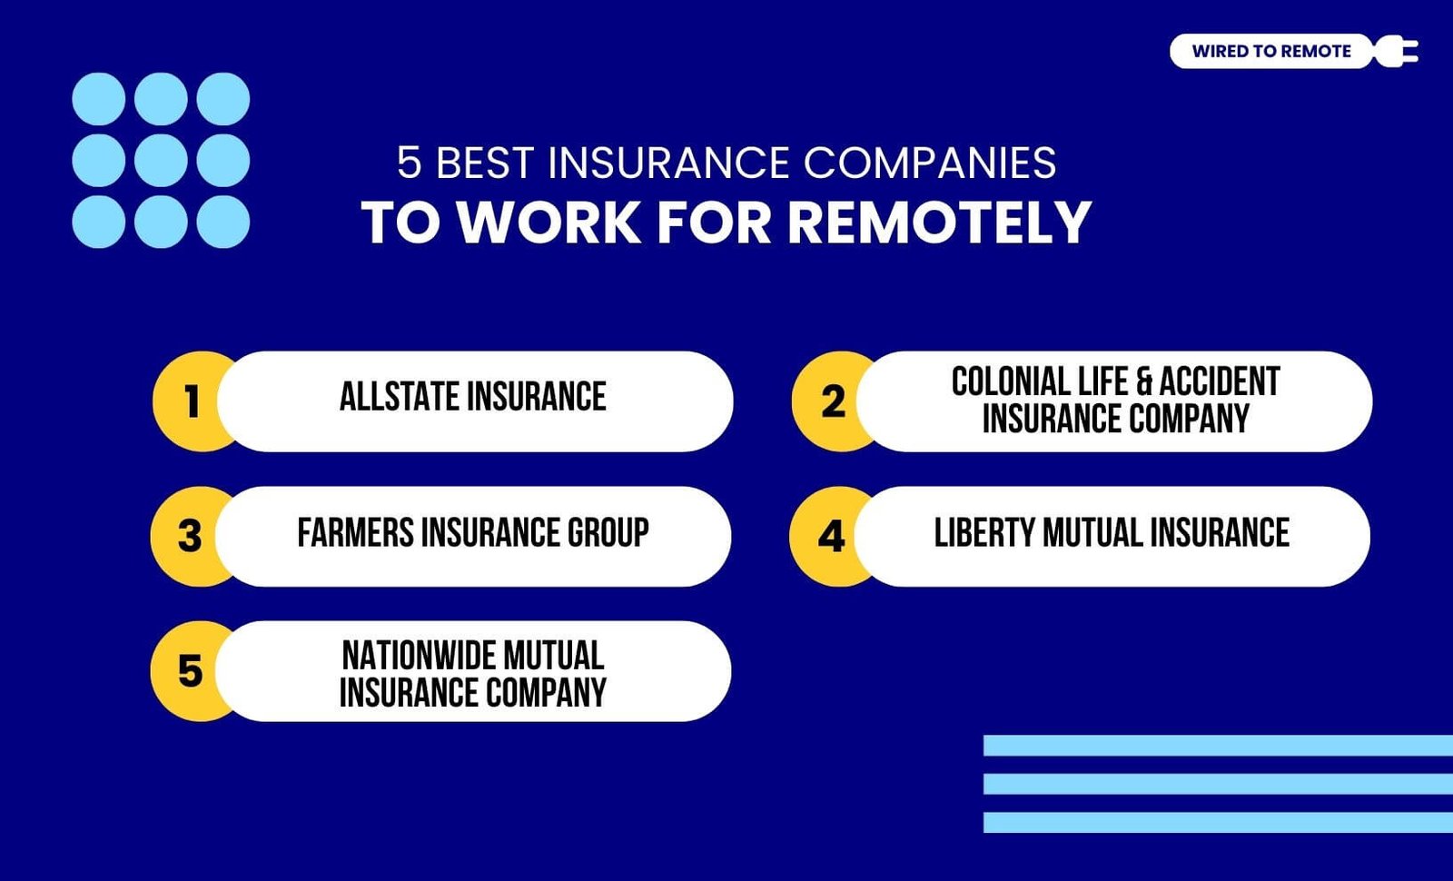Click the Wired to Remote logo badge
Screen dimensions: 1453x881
click(1271, 51)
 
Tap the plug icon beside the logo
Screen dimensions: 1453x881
click(1397, 51)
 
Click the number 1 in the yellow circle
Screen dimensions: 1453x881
click(192, 401)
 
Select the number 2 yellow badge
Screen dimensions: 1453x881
click(834, 401)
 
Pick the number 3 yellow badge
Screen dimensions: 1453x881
click(190, 537)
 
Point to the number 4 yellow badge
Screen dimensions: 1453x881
click(832, 537)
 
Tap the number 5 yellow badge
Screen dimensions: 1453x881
click(190, 671)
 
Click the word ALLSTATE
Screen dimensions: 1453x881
click(400, 396)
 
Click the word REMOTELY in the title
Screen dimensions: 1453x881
click(940, 223)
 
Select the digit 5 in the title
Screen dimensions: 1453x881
click(410, 163)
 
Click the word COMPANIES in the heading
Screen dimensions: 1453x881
click(930, 163)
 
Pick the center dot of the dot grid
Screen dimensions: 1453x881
click(161, 160)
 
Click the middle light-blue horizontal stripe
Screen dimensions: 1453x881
click(1218, 784)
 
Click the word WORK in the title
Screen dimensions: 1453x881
click(549, 223)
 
